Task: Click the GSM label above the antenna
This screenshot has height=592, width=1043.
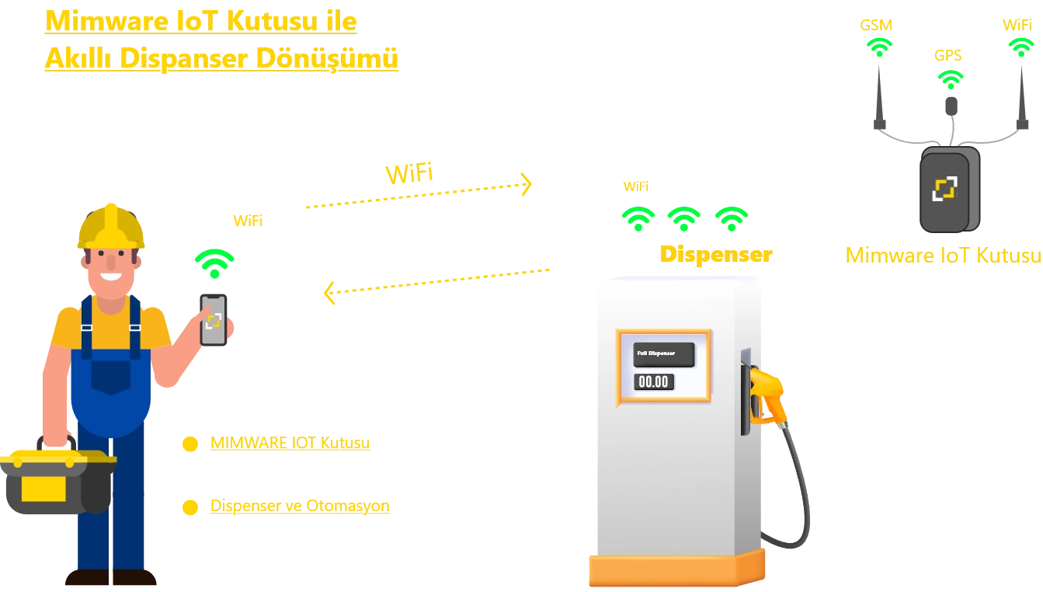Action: click(876, 25)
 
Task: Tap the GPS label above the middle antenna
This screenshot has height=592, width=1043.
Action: click(948, 56)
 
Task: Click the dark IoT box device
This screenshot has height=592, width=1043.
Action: click(948, 190)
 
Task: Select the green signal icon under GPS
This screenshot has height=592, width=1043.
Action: click(950, 78)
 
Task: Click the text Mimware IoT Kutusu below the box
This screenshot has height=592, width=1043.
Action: click(942, 256)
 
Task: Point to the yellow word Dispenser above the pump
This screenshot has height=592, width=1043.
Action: click(715, 255)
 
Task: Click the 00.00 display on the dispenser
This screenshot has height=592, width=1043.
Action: click(653, 381)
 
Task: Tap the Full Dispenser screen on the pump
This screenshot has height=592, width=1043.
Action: click(663, 354)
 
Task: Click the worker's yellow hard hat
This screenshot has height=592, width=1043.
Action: click(112, 226)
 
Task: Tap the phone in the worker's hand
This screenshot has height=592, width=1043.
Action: click(214, 319)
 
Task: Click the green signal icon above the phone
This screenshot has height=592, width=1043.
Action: click(214, 262)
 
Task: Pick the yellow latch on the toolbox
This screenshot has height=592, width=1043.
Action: click(43, 489)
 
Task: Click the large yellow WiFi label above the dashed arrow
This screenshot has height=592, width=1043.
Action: click(410, 174)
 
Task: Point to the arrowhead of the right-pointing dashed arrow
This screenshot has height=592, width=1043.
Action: click(527, 184)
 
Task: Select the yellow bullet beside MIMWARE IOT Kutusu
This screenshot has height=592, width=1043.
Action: click(189, 444)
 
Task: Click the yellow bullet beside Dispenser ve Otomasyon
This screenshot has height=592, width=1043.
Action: click(189, 507)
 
